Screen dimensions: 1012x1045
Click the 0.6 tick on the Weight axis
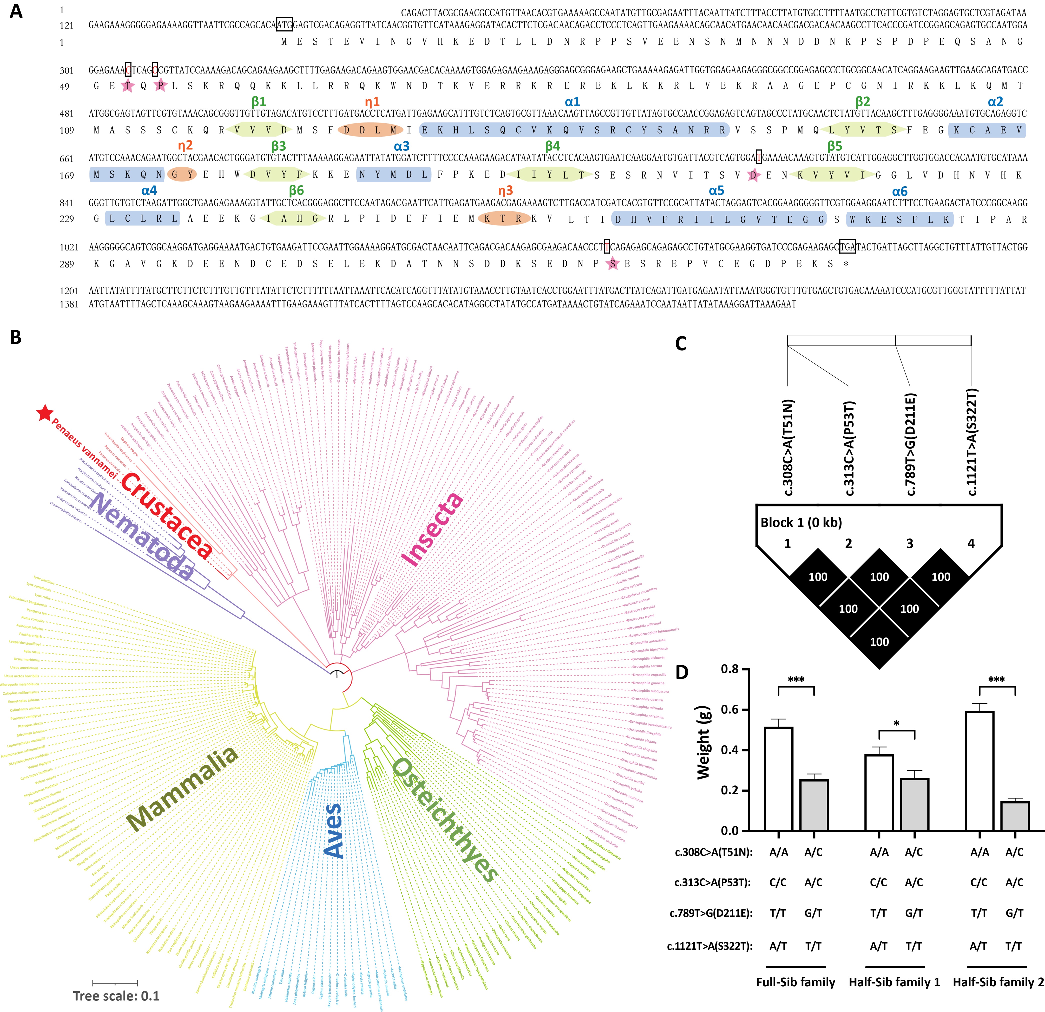tap(730, 710)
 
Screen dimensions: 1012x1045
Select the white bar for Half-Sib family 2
tap(979, 771)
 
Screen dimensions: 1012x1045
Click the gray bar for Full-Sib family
tap(813, 805)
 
